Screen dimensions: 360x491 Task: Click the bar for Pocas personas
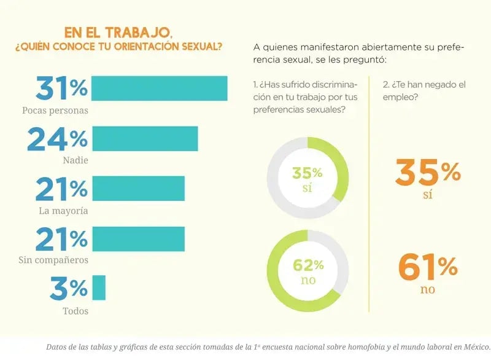point(160,88)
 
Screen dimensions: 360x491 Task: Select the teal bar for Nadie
point(145,139)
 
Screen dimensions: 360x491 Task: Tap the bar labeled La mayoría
point(138,189)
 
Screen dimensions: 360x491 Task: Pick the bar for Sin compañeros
point(138,239)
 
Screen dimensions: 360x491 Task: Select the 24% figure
point(57,139)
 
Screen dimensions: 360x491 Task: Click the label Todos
point(75,311)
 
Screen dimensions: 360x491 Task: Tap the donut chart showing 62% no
point(307,271)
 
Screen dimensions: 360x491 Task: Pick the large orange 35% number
point(428,173)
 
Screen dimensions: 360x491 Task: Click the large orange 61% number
point(428,266)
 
